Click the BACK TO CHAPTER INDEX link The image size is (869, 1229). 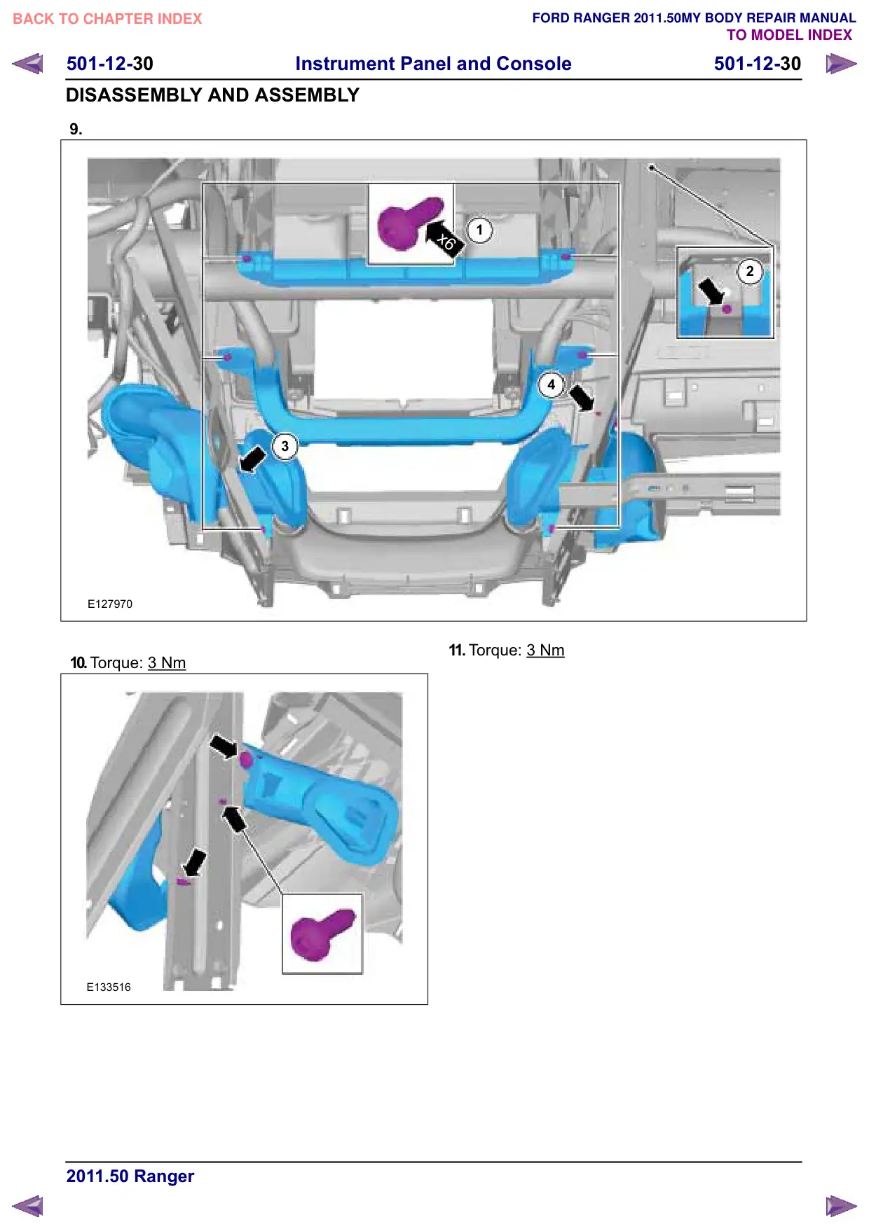point(107,19)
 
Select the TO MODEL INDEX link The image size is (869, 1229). point(789,35)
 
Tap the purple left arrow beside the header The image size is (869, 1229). point(28,64)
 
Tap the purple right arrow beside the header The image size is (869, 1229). point(841,64)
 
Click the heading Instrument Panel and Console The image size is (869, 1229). point(433,64)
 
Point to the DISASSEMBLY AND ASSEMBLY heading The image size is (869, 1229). point(212,95)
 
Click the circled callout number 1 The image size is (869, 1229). point(479,230)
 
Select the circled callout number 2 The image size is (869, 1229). point(750,271)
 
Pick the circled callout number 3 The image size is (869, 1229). point(285,446)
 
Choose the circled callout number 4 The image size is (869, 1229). point(551,384)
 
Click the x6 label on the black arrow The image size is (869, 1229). point(446,242)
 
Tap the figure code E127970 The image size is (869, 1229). point(110,604)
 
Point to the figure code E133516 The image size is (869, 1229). point(109,987)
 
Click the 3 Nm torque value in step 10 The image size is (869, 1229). point(167,663)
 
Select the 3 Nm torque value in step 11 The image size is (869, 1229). point(545,651)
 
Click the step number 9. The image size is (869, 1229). point(76,129)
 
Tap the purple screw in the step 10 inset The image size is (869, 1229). point(322,933)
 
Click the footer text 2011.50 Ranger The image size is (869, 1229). point(130,1176)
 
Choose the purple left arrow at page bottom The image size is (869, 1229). point(28,1206)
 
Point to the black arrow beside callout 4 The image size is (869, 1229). point(581,398)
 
